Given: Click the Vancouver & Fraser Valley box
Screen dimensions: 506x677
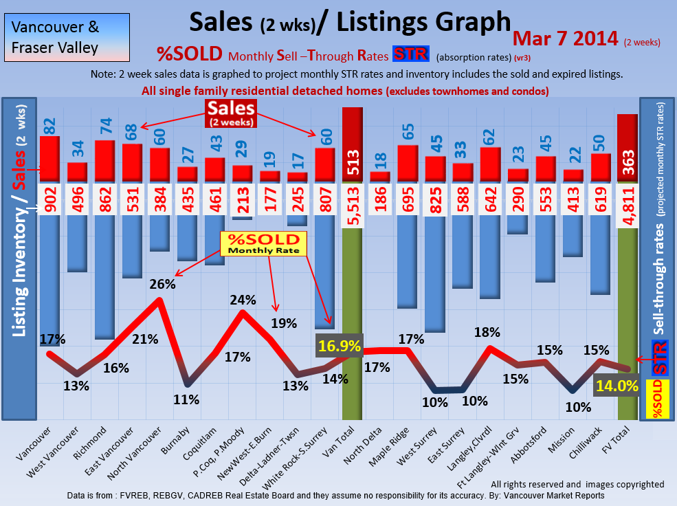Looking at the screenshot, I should point(56,38).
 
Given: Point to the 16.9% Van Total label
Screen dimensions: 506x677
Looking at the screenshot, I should point(338,346).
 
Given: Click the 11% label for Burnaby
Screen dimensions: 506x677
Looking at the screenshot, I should point(186,399).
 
